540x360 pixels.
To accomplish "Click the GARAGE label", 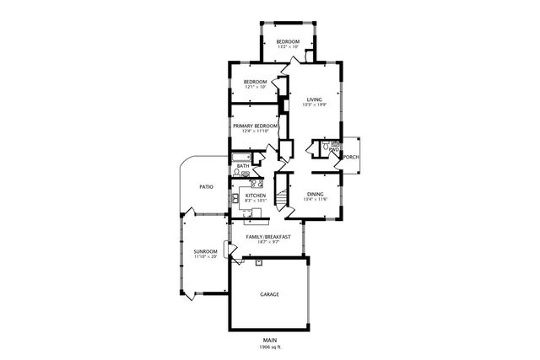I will point(269,294).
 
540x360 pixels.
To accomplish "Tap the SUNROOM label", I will point(205,251).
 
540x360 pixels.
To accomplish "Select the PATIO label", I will point(205,186).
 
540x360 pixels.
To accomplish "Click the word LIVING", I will point(314,99).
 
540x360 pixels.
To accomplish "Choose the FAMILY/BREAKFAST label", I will point(268,237).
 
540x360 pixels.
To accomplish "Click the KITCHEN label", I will point(256,194).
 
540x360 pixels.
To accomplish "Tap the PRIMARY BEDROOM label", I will point(256,125).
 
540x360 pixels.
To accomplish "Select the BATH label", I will point(242,166).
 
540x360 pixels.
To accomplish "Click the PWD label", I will point(334,149).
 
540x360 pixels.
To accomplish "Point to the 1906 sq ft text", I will point(269,347).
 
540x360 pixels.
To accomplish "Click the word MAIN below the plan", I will point(269,341).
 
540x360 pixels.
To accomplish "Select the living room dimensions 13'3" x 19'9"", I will point(314,105).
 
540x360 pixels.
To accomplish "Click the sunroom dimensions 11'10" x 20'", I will point(205,257).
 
